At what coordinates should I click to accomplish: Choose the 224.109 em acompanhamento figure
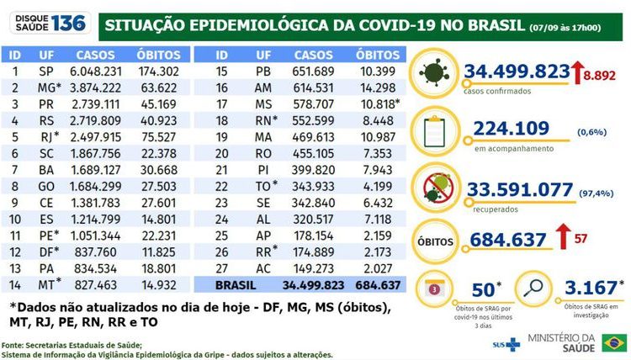click(507, 129)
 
